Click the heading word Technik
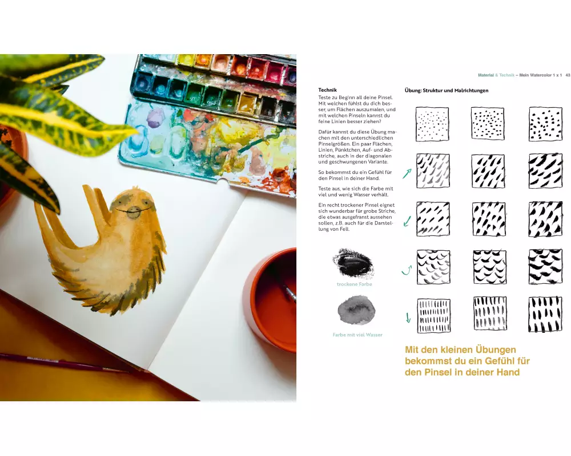click(x=327, y=90)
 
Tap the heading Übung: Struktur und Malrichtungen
click(x=447, y=91)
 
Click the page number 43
click(x=568, y=75)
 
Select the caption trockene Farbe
click(x=355, y=284)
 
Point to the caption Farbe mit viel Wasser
click(x=357, y=335)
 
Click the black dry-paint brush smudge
click(x=352, y=263)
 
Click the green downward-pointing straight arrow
click(x=408, y=317)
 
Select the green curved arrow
click(x=407, y=270)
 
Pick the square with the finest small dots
click(x=432, y=124)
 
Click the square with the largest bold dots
click(x=545, y=124)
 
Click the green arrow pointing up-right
click(x=407, y=173)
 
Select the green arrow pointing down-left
click(x=407, y=221)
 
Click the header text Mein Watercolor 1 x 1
click(x=540, y=75)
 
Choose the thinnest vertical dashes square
click(x=433, y=316)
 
